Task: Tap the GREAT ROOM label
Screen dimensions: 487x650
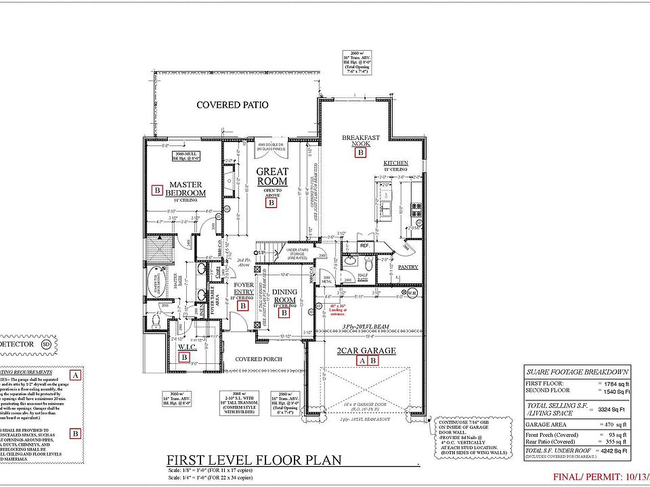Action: click(272, 177)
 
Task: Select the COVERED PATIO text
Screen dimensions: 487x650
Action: click(232, 105)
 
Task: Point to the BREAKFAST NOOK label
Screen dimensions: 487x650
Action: click(360, 140)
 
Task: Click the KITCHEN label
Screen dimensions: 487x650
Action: click(395, 164)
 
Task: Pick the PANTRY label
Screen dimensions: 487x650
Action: click(408, 267)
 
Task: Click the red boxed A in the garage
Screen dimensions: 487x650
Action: click(362, 361)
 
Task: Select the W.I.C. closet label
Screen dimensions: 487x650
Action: click(188, 348)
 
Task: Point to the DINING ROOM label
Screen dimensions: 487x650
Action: click(284, 296)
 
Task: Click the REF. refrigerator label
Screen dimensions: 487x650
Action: click(364, 246)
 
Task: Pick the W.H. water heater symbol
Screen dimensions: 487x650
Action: click(411, 293)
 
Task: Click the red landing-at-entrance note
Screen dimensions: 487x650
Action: click(337, 308)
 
